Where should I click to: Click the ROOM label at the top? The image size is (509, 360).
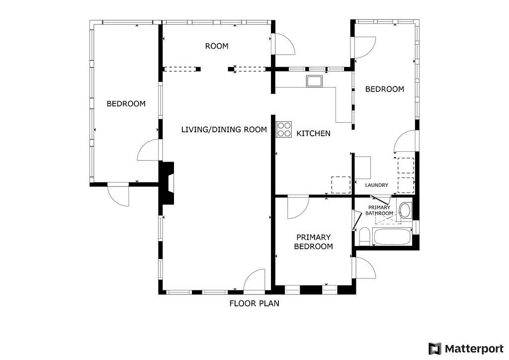click(x=217, y=46)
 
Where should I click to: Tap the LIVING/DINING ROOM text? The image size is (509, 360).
click(x=224, y=130)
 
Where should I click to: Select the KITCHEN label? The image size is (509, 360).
click(x=313, y=134)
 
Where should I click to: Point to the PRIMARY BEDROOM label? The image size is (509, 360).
click(x=313, y=242)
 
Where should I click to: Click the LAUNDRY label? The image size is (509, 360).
click(x=376, y=185)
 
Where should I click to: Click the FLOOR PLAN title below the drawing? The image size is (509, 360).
click(x=254, y=303)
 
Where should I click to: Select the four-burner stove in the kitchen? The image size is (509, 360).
click(x=284, y=129)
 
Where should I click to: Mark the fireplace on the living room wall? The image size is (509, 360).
click(x=168, y=183)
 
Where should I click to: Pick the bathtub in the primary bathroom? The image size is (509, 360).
click(x=392, y=237)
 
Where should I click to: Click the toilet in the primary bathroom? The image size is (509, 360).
click(x=364, y=236)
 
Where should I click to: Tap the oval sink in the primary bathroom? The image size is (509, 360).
click(x=406, y=210)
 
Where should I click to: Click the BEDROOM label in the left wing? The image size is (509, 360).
click(x=126, y=104)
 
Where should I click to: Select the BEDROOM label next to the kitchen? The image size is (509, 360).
click(x=384, y=90)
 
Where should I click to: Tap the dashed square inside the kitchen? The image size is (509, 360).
click(x=340, y=185)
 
